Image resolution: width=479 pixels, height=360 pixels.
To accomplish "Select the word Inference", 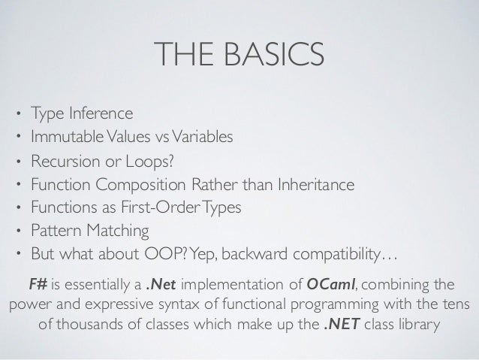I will (101, 114).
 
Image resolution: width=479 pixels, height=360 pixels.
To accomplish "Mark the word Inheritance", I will (313, 184).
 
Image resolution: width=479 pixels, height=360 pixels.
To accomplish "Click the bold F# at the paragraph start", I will (37, 283).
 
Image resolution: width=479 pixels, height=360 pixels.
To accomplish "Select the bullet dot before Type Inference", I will (18, 116).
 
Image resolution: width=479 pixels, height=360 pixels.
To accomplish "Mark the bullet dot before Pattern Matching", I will (18, 231).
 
